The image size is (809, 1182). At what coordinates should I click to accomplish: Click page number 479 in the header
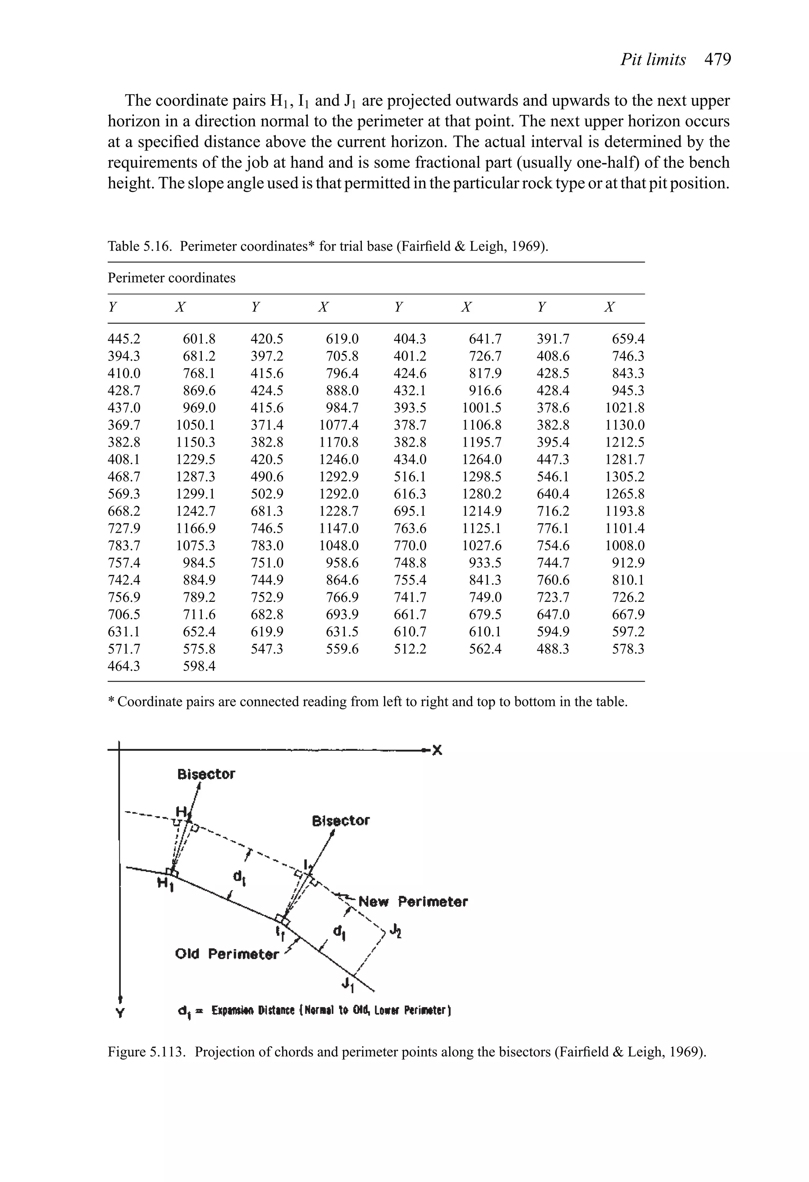(x=717, y=60)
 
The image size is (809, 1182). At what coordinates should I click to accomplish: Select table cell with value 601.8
(x=199, y=339)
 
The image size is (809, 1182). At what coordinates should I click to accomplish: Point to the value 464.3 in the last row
(x=124, y=666)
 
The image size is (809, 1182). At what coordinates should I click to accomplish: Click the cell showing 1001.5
(x=481, y=408)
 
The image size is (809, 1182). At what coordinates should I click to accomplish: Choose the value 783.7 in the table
(x=124, y=546)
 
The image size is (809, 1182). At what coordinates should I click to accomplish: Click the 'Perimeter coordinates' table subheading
(x=171, y=278)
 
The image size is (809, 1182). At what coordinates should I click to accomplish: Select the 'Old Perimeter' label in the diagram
(x=226, y=954)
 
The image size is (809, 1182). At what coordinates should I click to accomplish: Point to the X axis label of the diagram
(x=437, y=750)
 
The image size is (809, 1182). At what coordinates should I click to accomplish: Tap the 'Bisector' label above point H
(x=206, y=774)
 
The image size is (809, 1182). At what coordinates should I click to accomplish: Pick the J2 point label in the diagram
(x=395, y=931)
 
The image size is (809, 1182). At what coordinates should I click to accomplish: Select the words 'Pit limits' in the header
(x=653, y=60)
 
